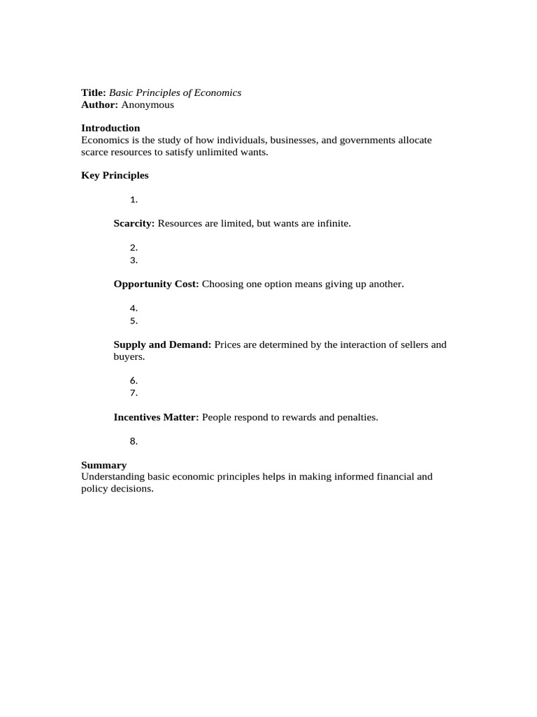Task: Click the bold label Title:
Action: (94, 92)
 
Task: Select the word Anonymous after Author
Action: (148, 105)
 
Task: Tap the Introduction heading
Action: (110, 128)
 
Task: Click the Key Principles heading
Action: (115, 176)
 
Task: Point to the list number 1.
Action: (134, 200)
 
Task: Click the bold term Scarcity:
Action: (134, 223)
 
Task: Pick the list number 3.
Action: (134, 260)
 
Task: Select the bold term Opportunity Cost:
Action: (157, 284)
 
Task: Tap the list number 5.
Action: (134, 321)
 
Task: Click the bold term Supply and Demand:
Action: (162, 344)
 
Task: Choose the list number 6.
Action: (134, 380)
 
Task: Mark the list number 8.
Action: (134, 441)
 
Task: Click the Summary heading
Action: (103, 465)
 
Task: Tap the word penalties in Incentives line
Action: (355, 417)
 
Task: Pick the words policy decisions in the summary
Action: (116, 489)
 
